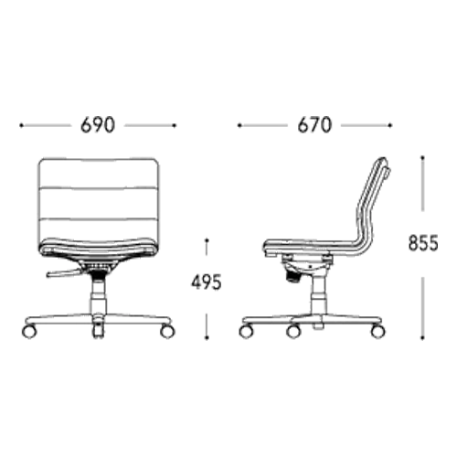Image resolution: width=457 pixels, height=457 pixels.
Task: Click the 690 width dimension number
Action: coord(98,125)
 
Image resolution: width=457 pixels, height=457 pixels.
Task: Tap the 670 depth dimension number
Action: coord(314,125)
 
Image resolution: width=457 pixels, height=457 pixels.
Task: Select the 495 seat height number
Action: coord(207,282)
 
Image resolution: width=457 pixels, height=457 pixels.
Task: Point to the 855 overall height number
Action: coord(423,243)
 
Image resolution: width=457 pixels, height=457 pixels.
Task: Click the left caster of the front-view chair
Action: coord(29,331)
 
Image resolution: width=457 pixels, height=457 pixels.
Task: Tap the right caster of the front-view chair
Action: coord(167,331)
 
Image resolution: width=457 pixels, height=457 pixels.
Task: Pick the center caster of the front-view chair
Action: coord(98,330)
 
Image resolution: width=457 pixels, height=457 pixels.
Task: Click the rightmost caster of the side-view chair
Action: coord(377,331)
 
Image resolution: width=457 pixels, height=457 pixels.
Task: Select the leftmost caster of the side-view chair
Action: coord(246,331)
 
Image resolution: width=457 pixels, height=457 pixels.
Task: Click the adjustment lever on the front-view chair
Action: coord(64,273)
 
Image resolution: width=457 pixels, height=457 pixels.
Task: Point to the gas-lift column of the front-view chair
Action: coord(98,295)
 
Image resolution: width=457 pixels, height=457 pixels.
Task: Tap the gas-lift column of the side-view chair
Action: coord(319,294)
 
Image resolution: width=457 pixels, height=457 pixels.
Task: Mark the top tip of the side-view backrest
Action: coord(383,158)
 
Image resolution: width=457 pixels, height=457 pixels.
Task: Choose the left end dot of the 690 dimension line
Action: coord(21,125)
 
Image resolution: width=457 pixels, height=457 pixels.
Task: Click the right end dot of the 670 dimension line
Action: coord(389,125)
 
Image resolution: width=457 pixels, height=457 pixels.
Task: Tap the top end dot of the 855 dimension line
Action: coord(422,157)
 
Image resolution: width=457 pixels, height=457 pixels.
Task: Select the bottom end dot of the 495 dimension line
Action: coord(207,337)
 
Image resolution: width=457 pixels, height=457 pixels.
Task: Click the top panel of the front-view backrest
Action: coord(99,173)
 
